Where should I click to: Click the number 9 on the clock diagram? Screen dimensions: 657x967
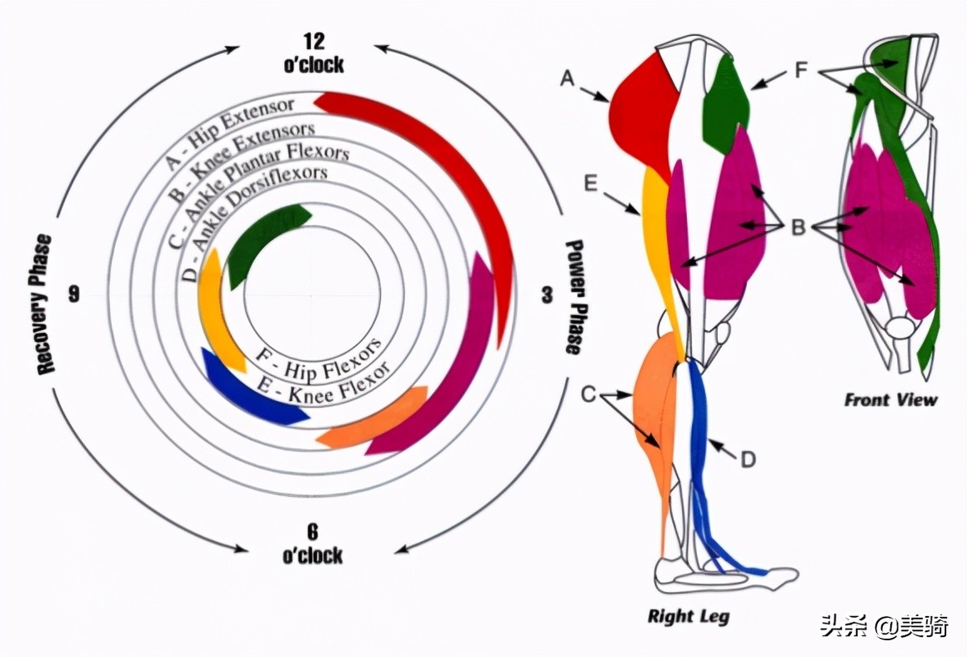coord(75,294)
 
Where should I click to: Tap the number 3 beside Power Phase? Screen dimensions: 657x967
coord(547,294)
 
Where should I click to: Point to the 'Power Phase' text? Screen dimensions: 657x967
coord(574,297)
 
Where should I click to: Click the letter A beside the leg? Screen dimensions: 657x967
coord(568,78)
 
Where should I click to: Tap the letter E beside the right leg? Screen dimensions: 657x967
coord(591,183)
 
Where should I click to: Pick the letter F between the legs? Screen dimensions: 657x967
coord(801,69)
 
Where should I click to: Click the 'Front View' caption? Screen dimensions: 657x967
coord(890,399)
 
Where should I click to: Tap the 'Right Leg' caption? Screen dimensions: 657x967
coord(689,617)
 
